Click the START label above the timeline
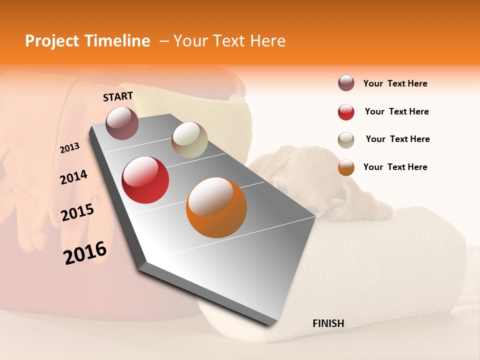pos(118,96)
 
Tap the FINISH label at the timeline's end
pos(328,323)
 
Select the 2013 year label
pos(69,147)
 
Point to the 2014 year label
pos(73,177)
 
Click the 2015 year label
pos(77,212)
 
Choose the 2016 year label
pos(85,252)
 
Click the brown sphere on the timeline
pos(122,123)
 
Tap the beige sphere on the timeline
pos(189,140)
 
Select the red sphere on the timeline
pos(145,180)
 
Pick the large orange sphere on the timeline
pos(216,207)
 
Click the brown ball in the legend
pos(346,83)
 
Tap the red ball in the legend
pos(346,112)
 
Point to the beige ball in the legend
pos(346,140)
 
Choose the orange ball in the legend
pos(346,167)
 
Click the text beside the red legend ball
pos(396,111)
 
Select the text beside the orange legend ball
pos(395,167)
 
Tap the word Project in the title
pos(52,41)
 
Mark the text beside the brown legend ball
pos(395,83)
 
